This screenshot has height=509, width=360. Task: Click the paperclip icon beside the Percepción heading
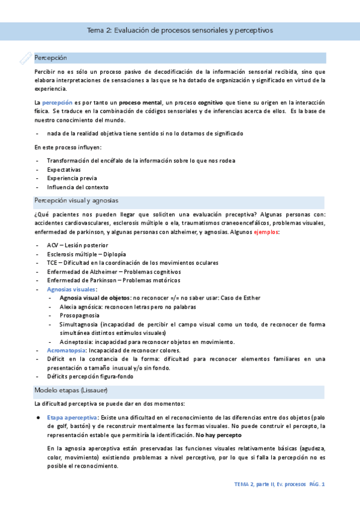click(25, 58)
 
